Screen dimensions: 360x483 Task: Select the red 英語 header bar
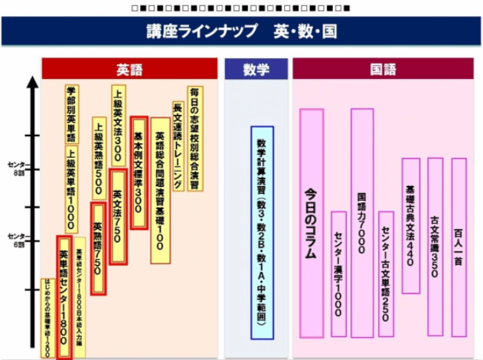point(129,70)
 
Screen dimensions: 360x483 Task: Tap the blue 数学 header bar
point(256,70)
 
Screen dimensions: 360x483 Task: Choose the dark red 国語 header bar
point(383,70)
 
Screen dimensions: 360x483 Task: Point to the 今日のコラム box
point(312,222)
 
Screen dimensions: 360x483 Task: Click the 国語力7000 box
point(362,223)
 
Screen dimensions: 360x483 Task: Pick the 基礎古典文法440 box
point(411,226)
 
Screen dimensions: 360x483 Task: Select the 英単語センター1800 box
point(66,299)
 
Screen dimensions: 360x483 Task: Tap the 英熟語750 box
point(98,248)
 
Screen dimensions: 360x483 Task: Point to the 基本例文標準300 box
point(139,172)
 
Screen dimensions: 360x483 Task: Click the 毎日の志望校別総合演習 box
point(194,127)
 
